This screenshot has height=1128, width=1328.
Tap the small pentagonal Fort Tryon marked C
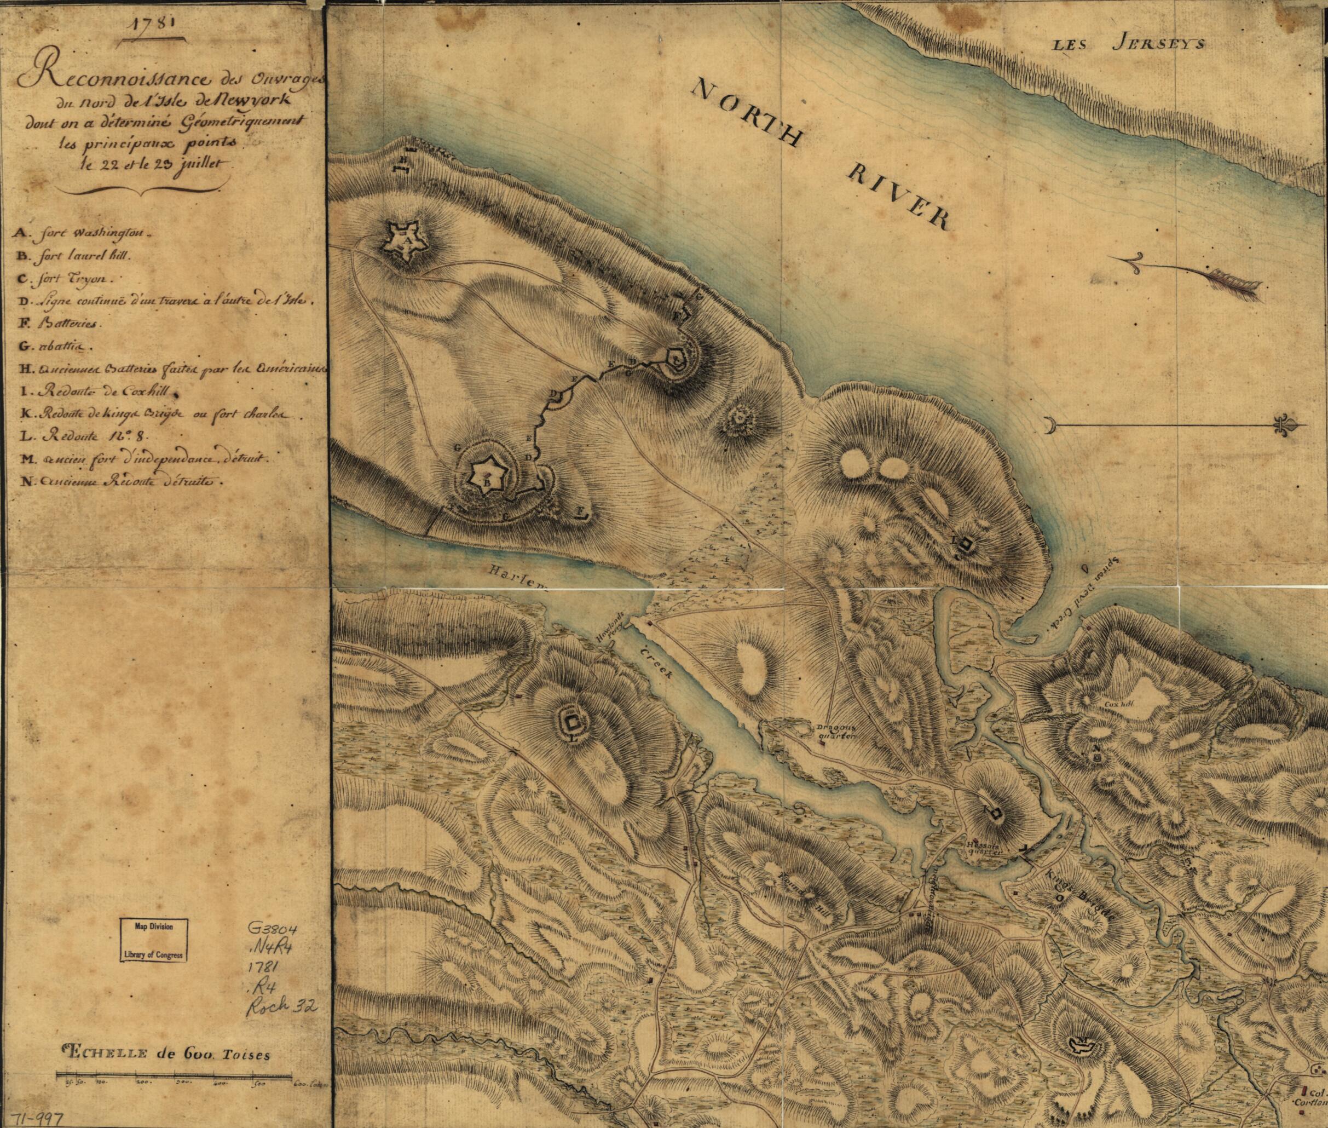click(x=675, y=359)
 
